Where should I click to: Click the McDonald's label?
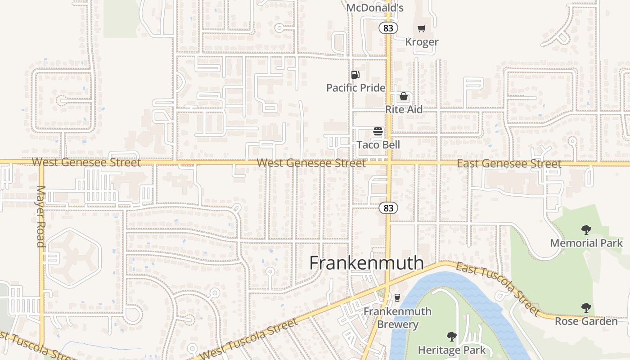point(374,8)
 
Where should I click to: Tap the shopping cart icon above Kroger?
point(421,29)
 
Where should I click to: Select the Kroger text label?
point(422,42)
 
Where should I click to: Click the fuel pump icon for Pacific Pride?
point(355,75)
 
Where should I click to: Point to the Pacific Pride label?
point(355,87)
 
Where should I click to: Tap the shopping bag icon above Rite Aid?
point(404,96)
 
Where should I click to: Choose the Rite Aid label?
point(404,109)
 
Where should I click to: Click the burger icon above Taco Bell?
point(378,131)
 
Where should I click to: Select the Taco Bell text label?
point(378,144)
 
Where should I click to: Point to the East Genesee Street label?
point(509,164)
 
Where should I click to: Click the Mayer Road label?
point(41,216)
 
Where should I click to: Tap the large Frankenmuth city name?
point(366,263)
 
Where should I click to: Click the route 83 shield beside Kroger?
point(388,28)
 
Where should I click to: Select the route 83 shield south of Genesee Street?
point(388,208)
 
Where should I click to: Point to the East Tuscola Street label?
point(497,288)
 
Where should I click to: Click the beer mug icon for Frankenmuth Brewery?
point(397,297)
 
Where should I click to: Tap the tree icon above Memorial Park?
point(586,230)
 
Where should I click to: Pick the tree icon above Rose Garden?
point(586,308)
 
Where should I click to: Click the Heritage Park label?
point(452,350)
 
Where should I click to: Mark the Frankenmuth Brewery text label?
point(397,318)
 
